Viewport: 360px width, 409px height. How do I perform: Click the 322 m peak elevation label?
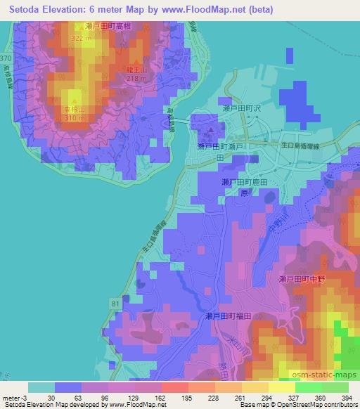click(x=82, y=39)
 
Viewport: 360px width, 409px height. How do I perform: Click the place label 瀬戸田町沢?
click(x=241, y=108)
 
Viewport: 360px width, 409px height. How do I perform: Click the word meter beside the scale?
click(x=10, y=397)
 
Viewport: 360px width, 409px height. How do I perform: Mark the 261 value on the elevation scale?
click(x=239, y=397)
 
